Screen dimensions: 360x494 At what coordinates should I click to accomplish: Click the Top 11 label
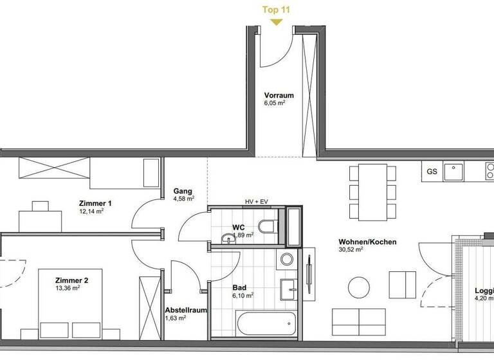click(x=276, y=9)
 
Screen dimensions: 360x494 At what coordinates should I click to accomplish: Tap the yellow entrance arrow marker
click(x=276, y=22)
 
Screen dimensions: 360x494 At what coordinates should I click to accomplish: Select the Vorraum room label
click(x=279, y=95)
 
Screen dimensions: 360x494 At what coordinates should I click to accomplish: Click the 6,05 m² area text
click(x=275, y=103)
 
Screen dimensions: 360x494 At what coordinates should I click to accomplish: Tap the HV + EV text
click(x=257, y=201)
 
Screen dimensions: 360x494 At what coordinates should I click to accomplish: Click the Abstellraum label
click(x=186, y=310)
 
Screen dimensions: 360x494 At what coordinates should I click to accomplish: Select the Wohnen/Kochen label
click(x=367, y=242)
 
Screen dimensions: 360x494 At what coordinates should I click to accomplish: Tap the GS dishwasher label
click(x=431, y=171)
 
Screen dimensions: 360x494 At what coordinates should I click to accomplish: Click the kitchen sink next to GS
click(x=455, y=171)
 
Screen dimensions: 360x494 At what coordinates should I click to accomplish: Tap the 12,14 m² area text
click(x=91, y=212)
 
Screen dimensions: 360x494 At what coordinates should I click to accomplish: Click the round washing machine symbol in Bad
click(x=287, y=259)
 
